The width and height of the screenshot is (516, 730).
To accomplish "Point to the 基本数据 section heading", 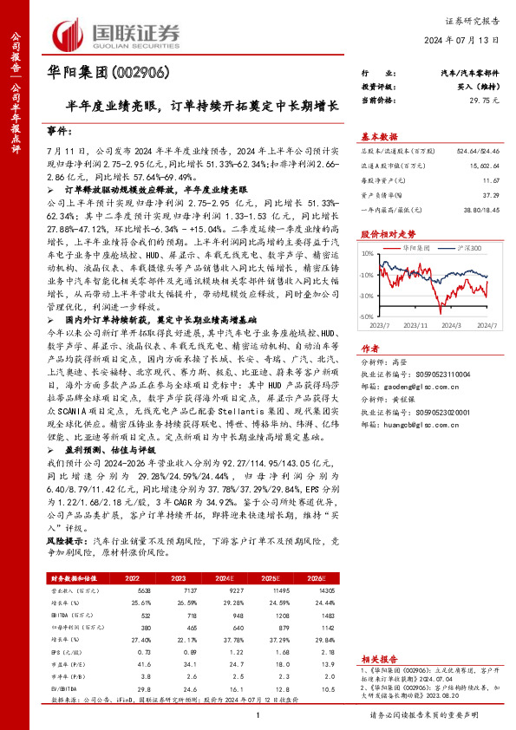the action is [x=378, y=136].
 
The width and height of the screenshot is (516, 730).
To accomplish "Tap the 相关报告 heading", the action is [x=378, y=635].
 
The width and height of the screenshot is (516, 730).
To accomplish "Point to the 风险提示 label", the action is [x=66, y=538].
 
